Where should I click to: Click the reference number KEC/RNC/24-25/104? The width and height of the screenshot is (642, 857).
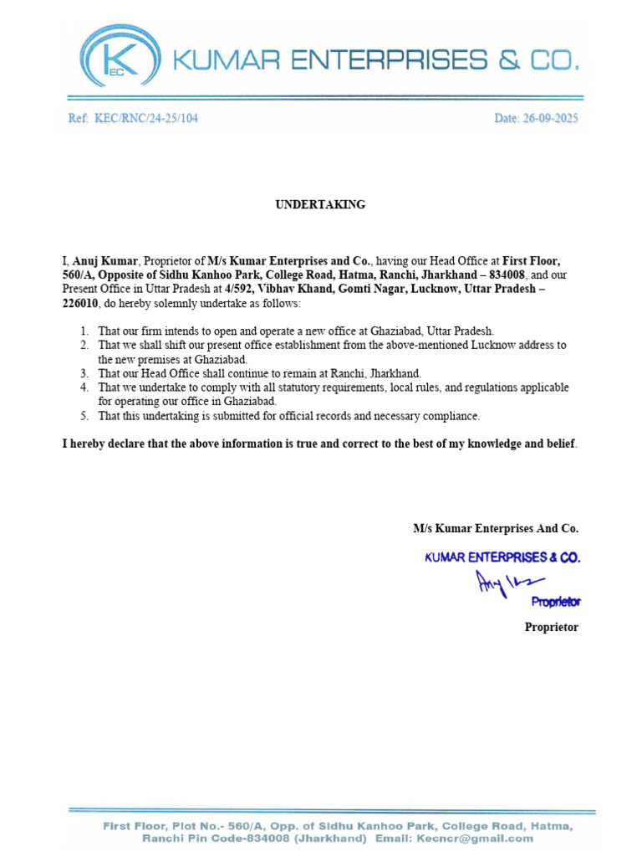(x=146, y=119)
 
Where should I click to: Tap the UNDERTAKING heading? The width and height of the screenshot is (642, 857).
(x=320, y=205)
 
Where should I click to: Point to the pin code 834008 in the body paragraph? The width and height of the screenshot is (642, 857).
(x=507, y=275)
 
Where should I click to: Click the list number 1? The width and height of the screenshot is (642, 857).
(x=85, y=331)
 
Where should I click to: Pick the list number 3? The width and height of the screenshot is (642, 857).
(x=85, y=373)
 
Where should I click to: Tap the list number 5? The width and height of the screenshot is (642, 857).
(x=85, y=416)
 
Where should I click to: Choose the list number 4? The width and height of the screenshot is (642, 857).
(x=85, y=387)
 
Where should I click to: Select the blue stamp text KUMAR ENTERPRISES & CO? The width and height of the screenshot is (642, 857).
(x=502, y=557)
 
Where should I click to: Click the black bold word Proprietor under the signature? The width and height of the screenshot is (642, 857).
(x=551, y=627)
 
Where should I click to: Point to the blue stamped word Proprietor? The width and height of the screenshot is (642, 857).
(x=556, y=602)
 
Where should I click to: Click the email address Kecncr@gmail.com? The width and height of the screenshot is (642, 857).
(x=489, y=838)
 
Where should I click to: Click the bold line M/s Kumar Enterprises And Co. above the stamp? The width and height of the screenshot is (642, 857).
(x=495, y=528)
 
